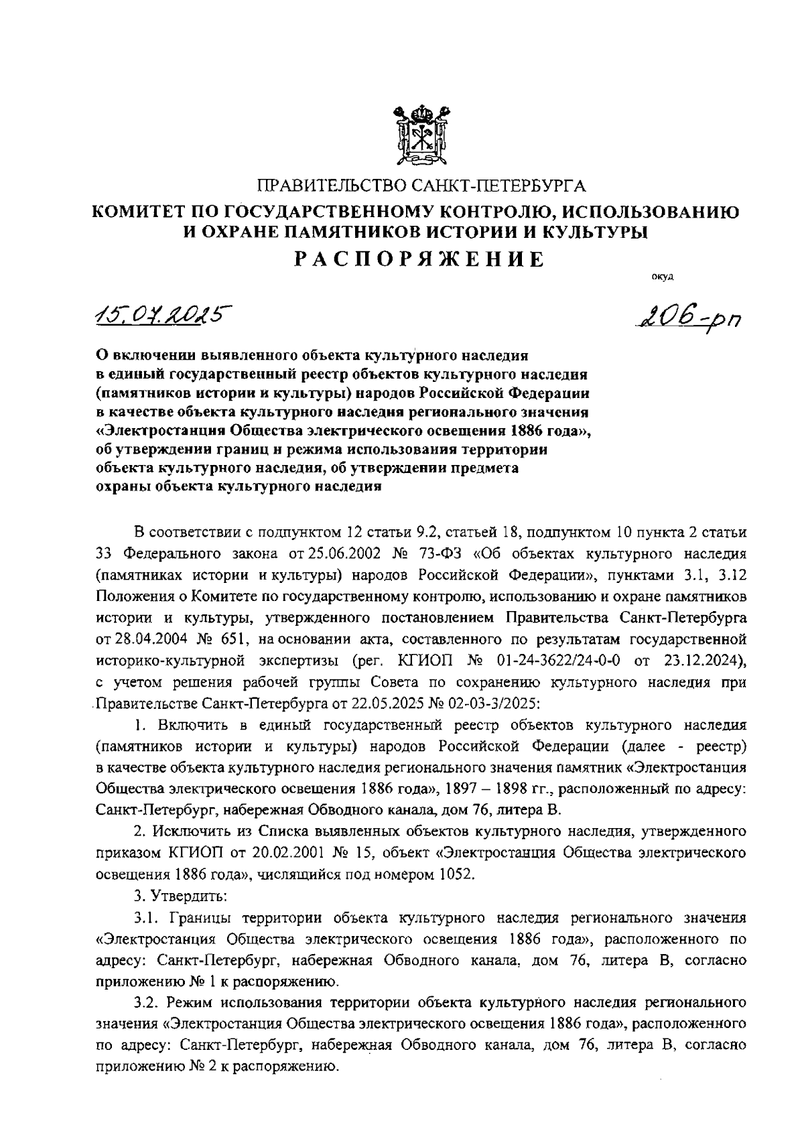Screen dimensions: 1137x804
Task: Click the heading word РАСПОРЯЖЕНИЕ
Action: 420,259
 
